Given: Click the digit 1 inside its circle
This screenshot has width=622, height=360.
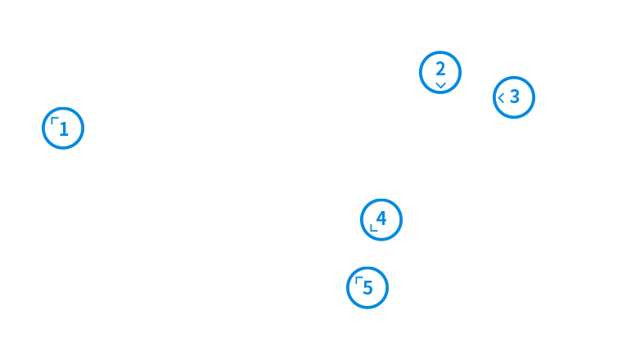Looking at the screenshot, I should (65, 129).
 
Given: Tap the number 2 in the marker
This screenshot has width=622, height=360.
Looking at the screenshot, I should (440, 69).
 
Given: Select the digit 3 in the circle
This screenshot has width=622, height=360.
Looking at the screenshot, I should (515, 97).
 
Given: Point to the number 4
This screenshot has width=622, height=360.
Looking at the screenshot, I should (381, 218).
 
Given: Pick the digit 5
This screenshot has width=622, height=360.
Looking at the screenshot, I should (368, 288).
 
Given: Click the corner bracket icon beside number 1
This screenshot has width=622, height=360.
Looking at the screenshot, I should (54, 121).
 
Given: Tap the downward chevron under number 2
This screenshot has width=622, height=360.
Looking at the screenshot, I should (440, 84).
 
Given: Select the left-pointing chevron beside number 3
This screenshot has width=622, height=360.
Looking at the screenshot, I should (501, 97).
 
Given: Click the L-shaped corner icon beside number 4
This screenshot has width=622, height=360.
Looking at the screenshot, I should (373, 227).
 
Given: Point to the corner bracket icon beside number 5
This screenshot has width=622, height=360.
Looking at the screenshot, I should (358, 280).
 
